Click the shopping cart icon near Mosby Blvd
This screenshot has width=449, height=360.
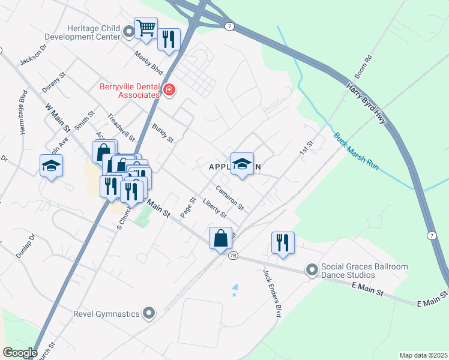[146, 28]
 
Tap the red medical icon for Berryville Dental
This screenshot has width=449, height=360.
[169, 90]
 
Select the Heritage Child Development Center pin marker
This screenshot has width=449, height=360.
[128, 32]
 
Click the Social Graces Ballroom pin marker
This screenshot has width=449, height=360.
[312, 271]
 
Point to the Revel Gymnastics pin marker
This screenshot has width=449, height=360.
[149, 313]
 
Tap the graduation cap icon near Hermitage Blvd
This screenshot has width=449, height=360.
[52, 166]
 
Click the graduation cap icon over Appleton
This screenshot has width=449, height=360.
[242, 164]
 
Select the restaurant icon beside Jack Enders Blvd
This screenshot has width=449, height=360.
[283, 242]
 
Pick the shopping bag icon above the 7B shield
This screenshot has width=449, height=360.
[221, 238]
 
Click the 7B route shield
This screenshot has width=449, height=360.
[233, 256]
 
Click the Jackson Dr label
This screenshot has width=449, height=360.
[33, 54]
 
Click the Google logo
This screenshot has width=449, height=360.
[20, 352]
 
